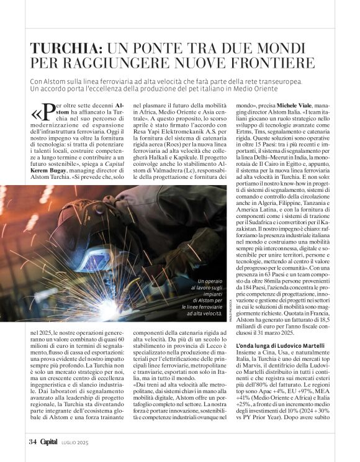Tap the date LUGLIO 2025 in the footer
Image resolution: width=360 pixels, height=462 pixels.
point(76,442)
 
